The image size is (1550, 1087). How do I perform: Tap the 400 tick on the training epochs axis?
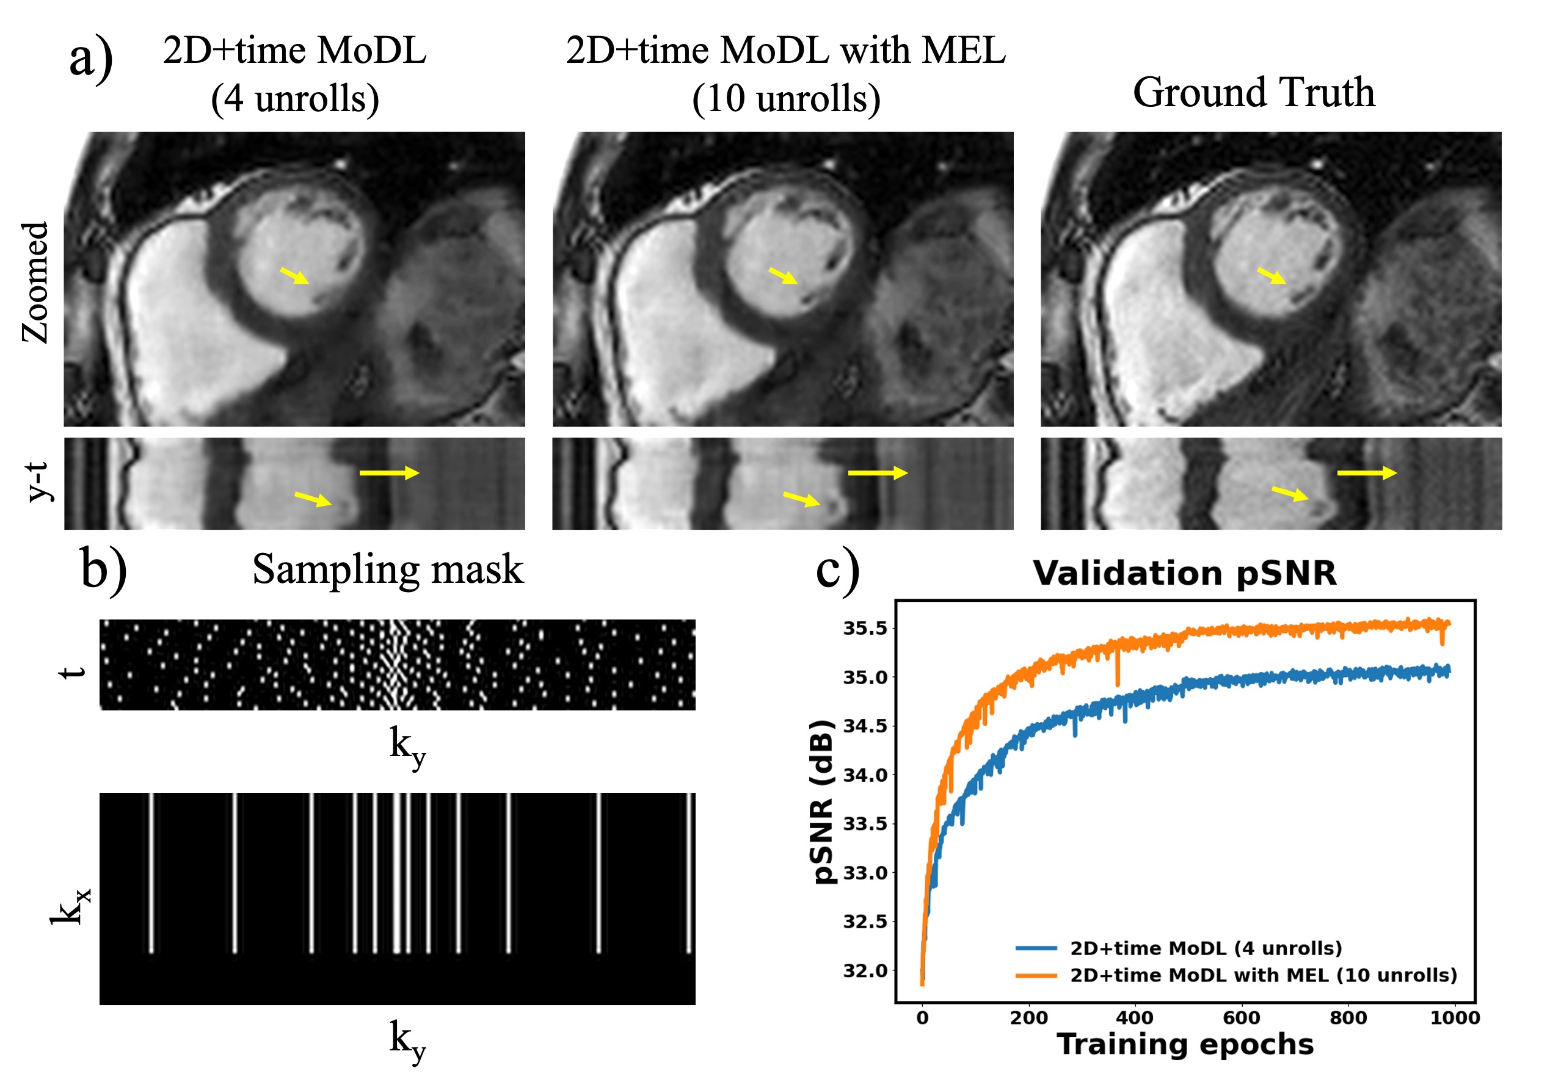1135,1017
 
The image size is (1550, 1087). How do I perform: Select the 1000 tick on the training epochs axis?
1454,1017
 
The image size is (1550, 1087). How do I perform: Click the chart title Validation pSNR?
1184,573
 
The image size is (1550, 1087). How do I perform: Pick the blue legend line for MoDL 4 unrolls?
1036,948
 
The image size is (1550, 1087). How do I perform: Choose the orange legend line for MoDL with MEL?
1036,975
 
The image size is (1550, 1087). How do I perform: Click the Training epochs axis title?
1185,1044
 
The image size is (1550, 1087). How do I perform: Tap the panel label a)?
91,57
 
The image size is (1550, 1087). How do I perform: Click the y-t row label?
38,482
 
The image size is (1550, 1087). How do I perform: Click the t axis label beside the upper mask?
72,672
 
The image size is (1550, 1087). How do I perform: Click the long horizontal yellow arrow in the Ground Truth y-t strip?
1366,473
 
